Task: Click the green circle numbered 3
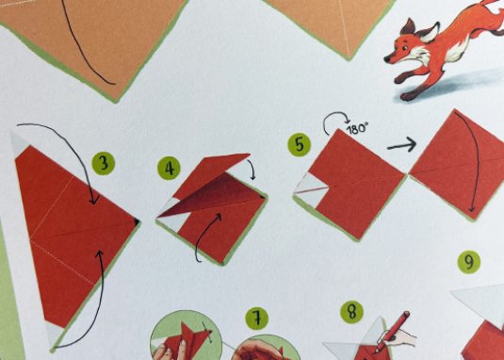104,163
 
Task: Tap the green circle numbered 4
169,168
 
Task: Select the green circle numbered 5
300,144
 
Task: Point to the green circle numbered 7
257,319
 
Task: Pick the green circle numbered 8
352,312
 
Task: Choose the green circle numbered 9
469,262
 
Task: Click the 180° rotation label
357,128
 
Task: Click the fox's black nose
387,59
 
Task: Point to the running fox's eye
405,49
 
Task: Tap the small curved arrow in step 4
251,167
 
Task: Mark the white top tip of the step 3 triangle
19,142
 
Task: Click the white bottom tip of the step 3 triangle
54,335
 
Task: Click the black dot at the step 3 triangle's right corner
137,221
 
